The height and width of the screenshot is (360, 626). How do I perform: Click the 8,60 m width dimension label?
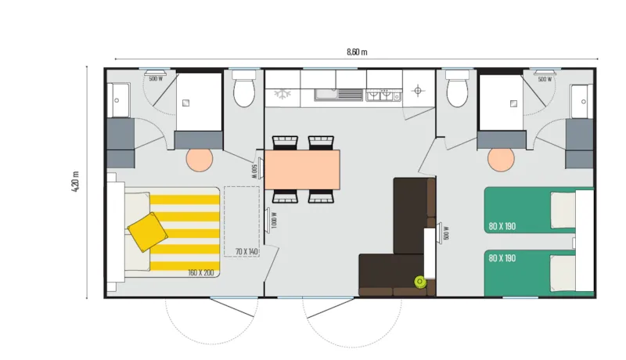[357, 52]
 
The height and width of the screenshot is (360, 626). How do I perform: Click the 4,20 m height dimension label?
[76, 182]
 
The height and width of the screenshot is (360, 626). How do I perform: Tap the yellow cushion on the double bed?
[147, 232]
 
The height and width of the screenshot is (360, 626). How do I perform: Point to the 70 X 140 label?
[246, 251]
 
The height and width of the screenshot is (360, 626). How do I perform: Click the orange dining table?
[302, 169]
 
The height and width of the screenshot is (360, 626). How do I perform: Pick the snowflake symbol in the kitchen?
[281, 95]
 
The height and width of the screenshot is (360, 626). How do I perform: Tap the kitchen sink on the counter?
[338, 95]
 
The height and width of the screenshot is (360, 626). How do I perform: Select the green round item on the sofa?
[420, 282]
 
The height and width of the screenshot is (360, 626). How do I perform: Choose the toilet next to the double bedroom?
[244, 91]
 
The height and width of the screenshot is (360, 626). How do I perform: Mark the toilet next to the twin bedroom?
[456, 91]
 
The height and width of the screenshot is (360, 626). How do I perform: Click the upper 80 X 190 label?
[502, 226]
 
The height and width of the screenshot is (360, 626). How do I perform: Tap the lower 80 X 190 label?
[502, 257]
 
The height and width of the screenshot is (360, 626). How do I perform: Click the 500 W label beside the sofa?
[446, 232]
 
